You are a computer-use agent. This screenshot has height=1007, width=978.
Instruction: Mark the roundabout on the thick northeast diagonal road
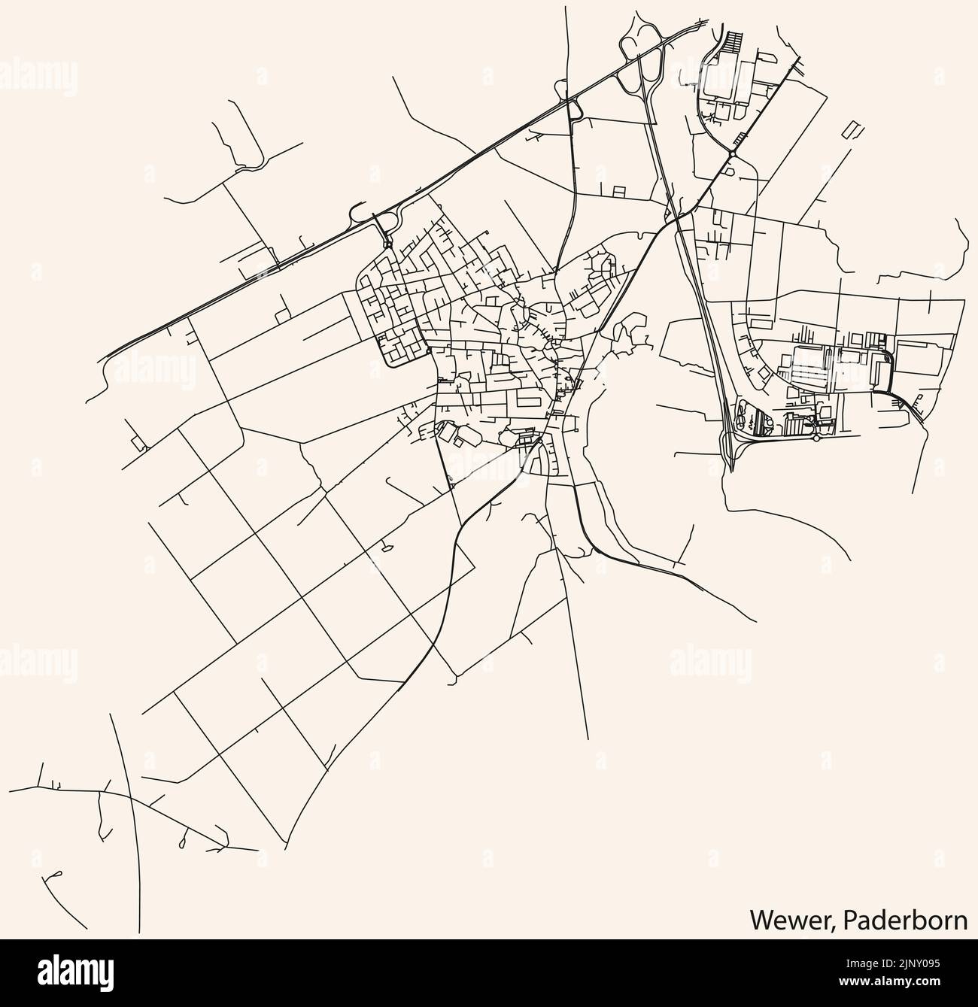click(732, 154)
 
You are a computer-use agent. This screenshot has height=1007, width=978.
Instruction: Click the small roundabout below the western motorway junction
click(387, 244)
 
